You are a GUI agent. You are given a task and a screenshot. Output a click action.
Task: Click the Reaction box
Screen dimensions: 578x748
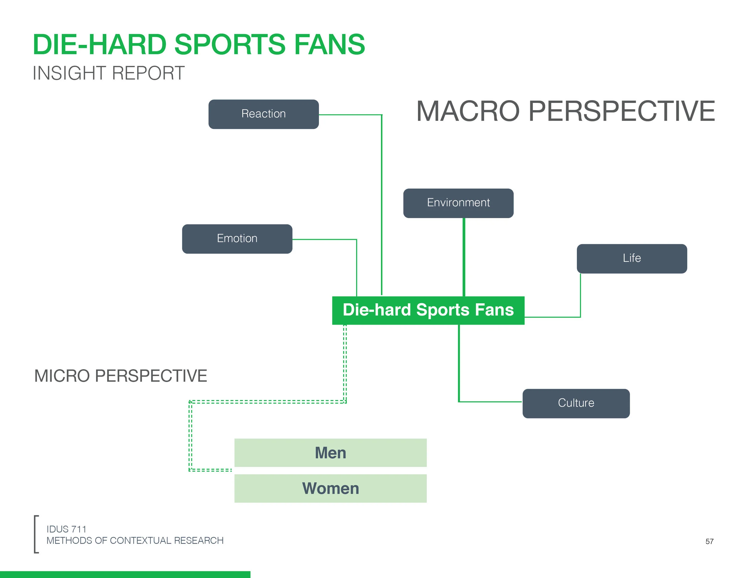click(263, 114)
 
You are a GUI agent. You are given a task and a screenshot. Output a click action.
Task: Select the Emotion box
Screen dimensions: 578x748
click(237, 239)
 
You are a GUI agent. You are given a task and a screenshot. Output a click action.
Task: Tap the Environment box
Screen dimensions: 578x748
click(458, 203)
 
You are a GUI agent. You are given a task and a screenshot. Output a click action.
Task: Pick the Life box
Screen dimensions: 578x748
click(632, 258)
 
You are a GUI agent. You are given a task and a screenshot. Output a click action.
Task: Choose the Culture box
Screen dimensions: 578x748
click(576, 403)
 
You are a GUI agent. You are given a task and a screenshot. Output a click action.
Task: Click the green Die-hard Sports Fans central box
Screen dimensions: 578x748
click(428, 310)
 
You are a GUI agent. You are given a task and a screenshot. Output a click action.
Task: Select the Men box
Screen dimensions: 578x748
click(330, 453)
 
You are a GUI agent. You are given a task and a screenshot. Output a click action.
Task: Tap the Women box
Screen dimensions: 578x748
click(330, 488)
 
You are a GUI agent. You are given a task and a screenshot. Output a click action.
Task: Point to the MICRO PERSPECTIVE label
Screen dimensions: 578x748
click(121, 376)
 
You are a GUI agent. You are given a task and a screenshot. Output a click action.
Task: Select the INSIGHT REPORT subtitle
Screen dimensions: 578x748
click(109, 73)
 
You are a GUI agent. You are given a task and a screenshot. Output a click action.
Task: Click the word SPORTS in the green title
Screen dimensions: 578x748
click(229, 45)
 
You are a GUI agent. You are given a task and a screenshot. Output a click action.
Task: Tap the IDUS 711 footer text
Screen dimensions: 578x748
click(66, 529)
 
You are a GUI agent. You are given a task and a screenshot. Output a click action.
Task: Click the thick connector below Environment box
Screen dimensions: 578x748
click(464, 257)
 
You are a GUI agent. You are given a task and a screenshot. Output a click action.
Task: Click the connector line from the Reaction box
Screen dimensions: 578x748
click(381, 206)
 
